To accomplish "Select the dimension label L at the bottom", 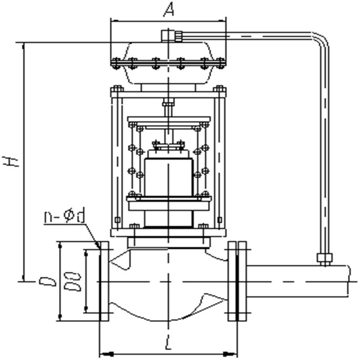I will click(168, 345).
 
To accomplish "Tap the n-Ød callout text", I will click(64, 217).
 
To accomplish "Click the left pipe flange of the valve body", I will click(104, 281).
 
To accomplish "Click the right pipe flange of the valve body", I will click(237, 281).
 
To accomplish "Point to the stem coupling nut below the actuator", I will click(168, 105).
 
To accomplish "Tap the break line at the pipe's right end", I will click(350, 281).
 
